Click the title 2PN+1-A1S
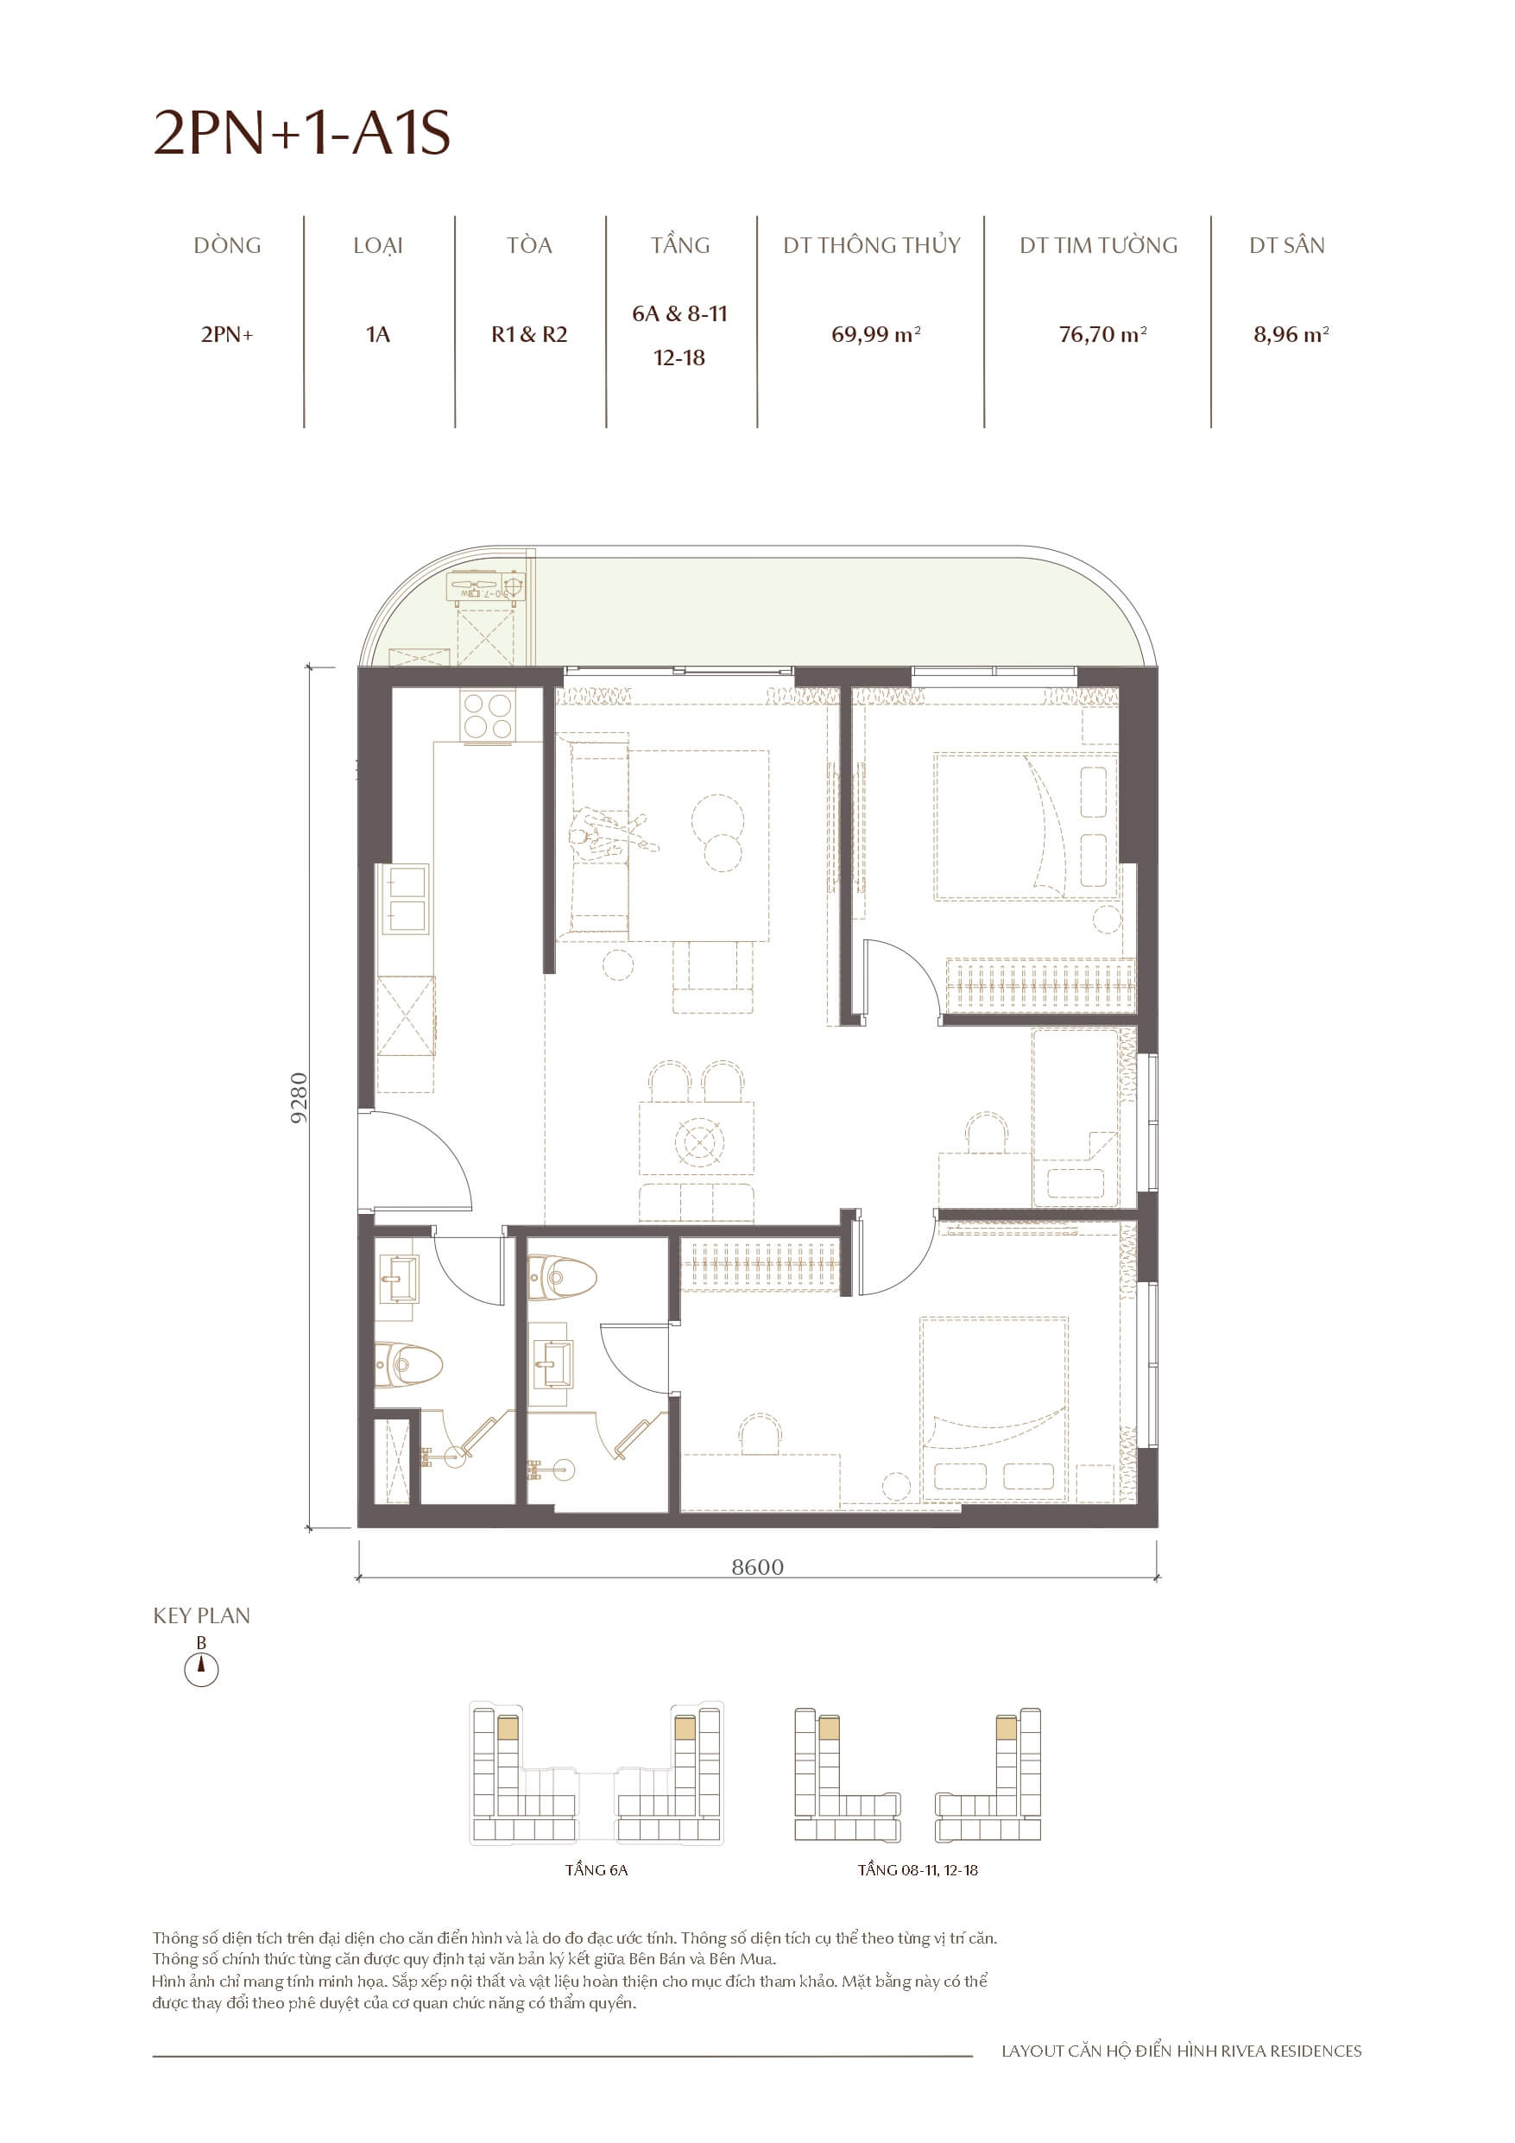[301, 133]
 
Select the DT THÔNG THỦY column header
[871, 245]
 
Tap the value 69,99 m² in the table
[874, 334]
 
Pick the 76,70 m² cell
[1102, 334]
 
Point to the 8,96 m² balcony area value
[1290, 334]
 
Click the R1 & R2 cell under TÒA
[529, 334]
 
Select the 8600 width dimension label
[757, 1567]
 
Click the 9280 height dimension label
[299, 1097]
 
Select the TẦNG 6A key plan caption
[596, 1869]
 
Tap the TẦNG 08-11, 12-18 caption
[918, 1869]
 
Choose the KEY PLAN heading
[202, 1615]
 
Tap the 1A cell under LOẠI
[378, 334]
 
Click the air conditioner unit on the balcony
[485, 588]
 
